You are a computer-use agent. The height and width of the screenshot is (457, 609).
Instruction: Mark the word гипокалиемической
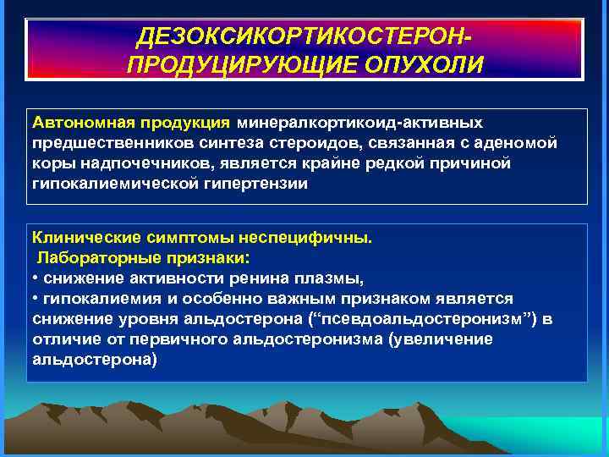[112, 182]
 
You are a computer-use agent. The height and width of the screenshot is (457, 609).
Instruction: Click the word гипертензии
[254, 182]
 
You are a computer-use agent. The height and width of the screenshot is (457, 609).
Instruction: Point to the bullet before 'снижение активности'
[36, 278]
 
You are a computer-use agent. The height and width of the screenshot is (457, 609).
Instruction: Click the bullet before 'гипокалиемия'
[36, 298]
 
